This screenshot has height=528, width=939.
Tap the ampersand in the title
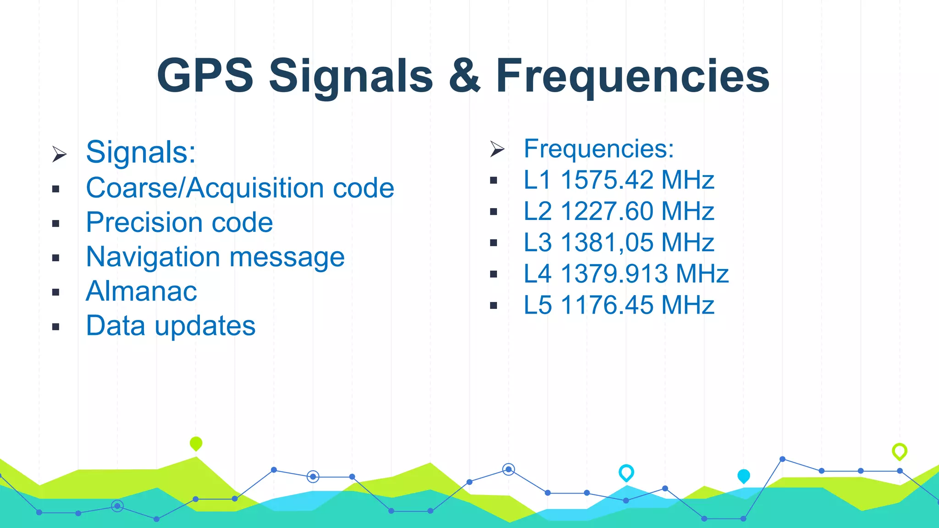[x=464, y=76]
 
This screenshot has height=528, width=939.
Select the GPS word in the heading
[x=205, y=76]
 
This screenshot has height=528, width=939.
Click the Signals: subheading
[x=141, y=152]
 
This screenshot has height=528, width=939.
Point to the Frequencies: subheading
[x=599, y=149]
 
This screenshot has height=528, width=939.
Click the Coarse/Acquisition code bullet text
[x=240, y=188]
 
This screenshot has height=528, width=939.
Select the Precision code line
[x=179, y=223]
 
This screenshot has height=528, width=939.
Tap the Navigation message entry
[x=215, y=257]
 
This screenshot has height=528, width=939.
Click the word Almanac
[x=141, y=291]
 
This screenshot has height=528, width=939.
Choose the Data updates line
[x=171, y=326]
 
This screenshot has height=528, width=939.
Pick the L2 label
[x=537, y=211]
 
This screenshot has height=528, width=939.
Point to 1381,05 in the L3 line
[x=605, y=242]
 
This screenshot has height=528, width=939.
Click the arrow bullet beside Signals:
[x=59, y=154]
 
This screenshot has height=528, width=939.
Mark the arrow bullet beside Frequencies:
[x=497, y=149]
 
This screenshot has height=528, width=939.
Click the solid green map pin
[x=196, y=443]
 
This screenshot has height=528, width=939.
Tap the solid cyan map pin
[x=743, y=476]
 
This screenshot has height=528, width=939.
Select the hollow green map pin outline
[x=899, y=451]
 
